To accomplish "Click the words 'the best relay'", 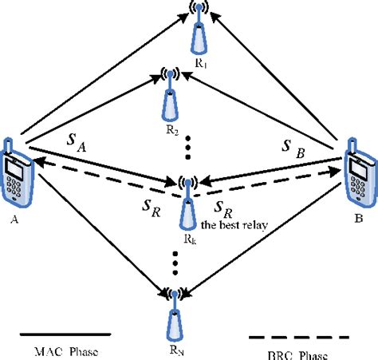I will click(231, 224).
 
